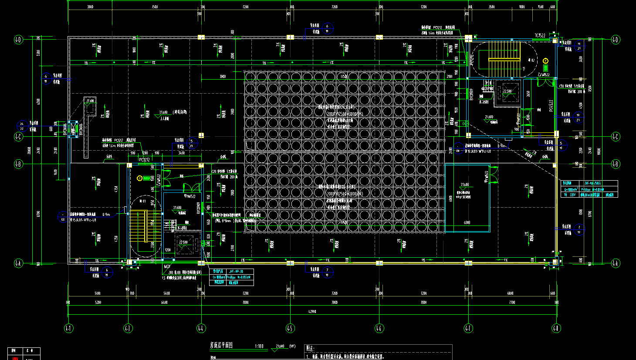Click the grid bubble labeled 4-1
pyautogui.click(x=68, y=328)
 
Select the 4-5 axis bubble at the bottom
pyautogui.click(x=290, y=328)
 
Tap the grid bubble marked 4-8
pyautogui.click(x=555, y=328)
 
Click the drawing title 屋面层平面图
pyautogui.click(x=222, y=345)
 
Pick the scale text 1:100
pyautogui.click(x=259, y=347)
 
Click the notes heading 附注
pyautogui.click(x=311, y=348)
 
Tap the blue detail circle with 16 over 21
pyautogui.click(x=579, y=46)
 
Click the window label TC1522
pyautogui.click(x=540, y=35)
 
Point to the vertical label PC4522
pyautogui.click(x=551, y=106)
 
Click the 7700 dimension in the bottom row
pyautogui.click(x=512, y=302)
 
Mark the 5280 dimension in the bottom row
pyautogui.click(x=98, y=302)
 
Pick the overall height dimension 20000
pyautogui.click(x=29, y=150)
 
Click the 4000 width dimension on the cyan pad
pyautogui.click(x=467, y=223)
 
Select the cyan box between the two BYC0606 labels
pyautogui.click(x=73, y=129)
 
